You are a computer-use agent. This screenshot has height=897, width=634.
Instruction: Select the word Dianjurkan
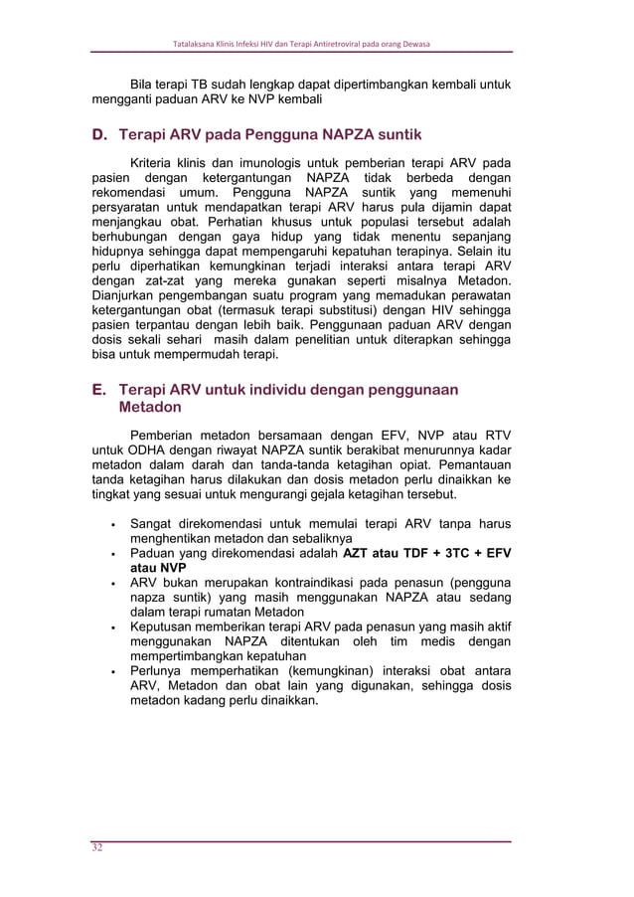point(129,296)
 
